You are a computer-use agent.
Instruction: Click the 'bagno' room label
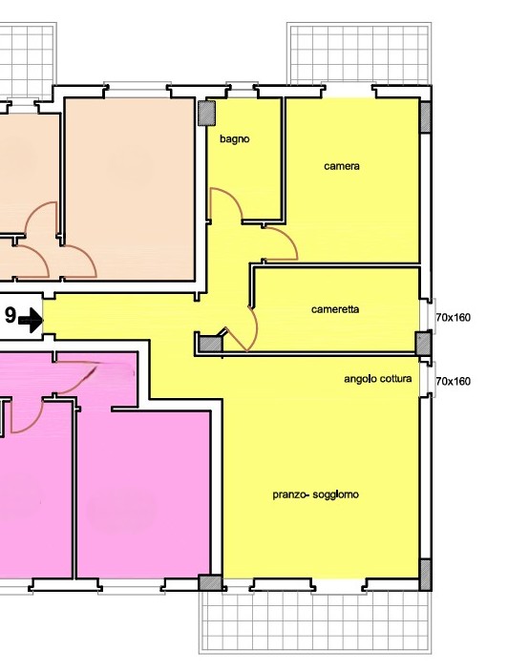(234, 138)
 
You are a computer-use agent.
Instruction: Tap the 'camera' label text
(342, 166)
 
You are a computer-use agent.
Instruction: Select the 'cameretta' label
(335, 309)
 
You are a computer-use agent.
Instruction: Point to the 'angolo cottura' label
(378, 378)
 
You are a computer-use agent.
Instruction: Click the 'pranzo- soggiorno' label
(315, 494)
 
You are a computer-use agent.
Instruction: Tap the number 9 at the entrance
(11, 316)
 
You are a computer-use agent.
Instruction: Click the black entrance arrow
(31, 320)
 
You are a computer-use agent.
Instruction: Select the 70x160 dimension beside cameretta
(454, 318)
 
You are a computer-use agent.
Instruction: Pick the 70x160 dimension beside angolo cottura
(454, 381)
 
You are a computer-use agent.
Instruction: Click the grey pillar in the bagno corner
(206, 114)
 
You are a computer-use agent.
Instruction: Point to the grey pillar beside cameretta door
(210, 343)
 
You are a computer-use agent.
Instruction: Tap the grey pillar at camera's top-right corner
(425, 117)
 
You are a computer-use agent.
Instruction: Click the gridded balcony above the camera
(359, 54)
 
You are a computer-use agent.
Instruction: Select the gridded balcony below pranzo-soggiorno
(315, 621)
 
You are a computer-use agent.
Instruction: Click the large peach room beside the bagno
(130, 189)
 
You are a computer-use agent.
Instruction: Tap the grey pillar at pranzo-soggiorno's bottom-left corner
(210, 583)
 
